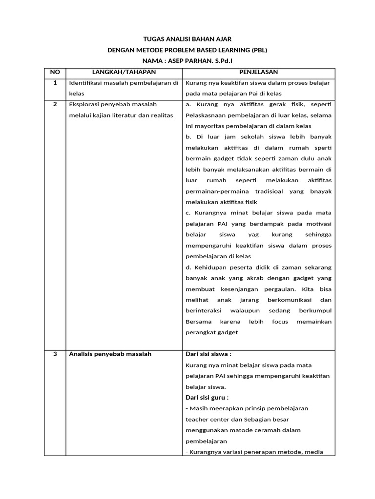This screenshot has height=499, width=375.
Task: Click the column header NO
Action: [x=55, y=72]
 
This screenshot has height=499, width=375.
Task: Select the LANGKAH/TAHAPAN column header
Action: [x=124, y=72]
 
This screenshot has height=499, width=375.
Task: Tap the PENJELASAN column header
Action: [x=259, y=72]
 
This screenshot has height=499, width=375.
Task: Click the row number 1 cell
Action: [x=55, y=83]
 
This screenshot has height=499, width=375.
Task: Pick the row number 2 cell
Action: [x=55, y=104]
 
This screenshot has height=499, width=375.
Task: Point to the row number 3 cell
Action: [x=55, y=354]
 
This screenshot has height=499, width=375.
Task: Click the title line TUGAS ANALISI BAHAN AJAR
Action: [x=187, y=38]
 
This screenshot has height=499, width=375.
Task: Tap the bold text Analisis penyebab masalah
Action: [x=110, y=354]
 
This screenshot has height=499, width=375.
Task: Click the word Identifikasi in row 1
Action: [x=86, y=83]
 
